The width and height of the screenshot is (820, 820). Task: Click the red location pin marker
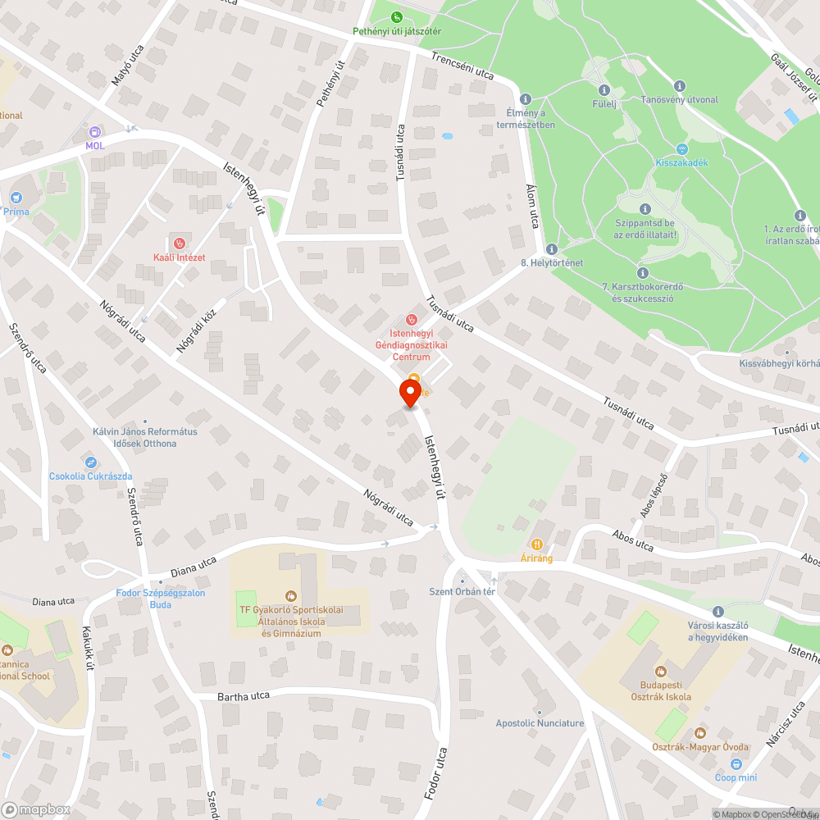[x=410, y=392]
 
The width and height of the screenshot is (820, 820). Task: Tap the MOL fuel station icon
[x=95, y=131]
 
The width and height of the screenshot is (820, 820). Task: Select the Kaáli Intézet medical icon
[x=179, y=243]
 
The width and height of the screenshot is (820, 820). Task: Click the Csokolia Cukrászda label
[x=90, y=476]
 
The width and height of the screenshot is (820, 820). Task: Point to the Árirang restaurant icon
[x=537, y=544]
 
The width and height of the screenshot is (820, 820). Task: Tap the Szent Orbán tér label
[x=462, y=591]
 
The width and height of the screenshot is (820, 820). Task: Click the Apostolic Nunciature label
[x=540, y=723]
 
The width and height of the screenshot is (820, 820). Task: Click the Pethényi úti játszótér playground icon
[x=397, y=16]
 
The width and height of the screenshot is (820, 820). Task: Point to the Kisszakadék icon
[x=681, y=148]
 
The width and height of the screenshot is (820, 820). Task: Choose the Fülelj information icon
[x=604, y=90]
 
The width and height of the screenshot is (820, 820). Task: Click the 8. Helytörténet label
[x=552, y=262]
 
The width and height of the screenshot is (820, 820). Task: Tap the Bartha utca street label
[x=244, y=696]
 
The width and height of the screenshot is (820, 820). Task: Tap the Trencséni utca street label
[x=462, y=66]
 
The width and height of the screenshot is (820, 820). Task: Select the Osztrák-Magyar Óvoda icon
[x=699, y=732]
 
